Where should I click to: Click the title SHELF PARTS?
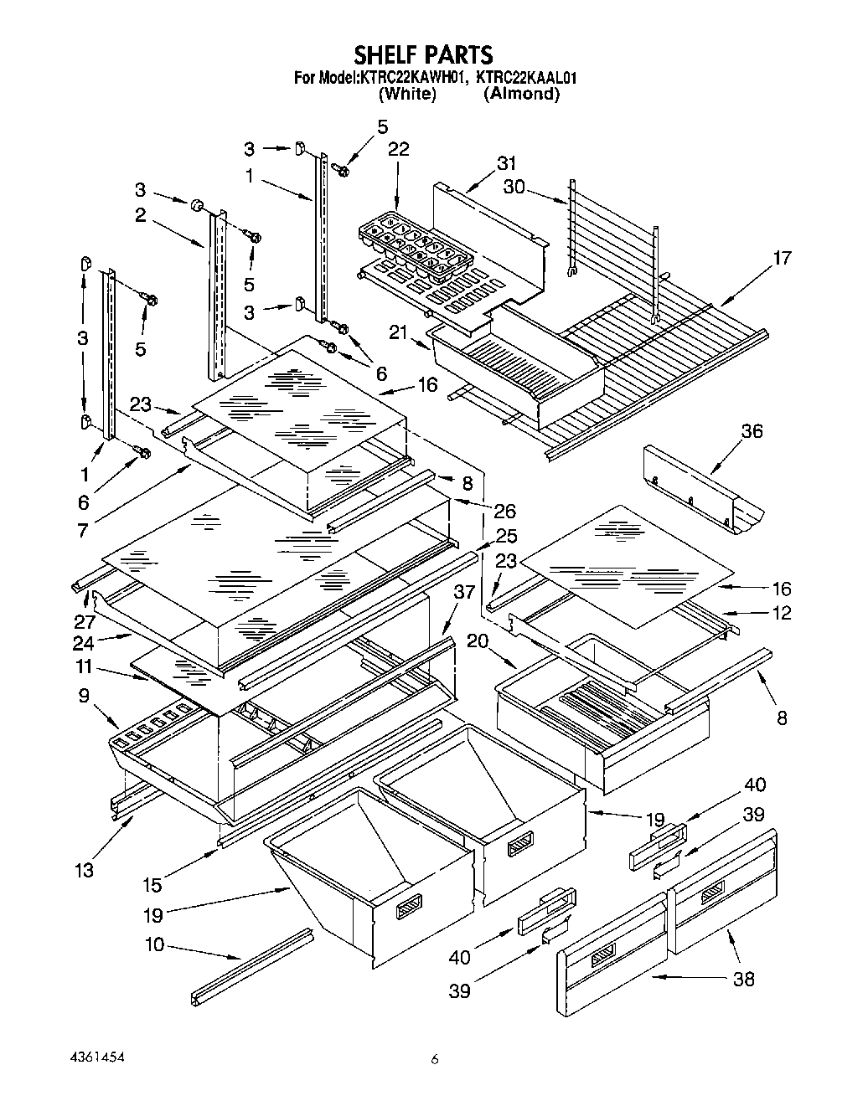tap(424, 54)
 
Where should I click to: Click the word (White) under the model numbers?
tap(407, 94)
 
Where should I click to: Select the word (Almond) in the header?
tap(522, 94)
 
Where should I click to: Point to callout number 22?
tap(399, 149)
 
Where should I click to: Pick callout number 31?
tap(506, 164)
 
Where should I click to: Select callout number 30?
tap(514, 187)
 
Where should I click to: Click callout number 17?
tap(783, 258)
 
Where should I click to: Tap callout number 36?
tap(752, 431)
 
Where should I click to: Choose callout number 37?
tap(464, 592)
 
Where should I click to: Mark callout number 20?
tap(478, 641)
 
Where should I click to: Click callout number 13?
tap(84, 870)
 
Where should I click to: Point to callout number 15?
tap(152, 885)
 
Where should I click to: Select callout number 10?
tap(154, 944)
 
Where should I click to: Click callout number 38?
tap(743, 980)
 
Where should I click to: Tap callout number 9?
tap(84, 695)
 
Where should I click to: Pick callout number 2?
tap(140, 215)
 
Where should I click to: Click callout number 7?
tap(83, 531)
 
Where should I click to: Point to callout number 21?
tap(398, 332)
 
